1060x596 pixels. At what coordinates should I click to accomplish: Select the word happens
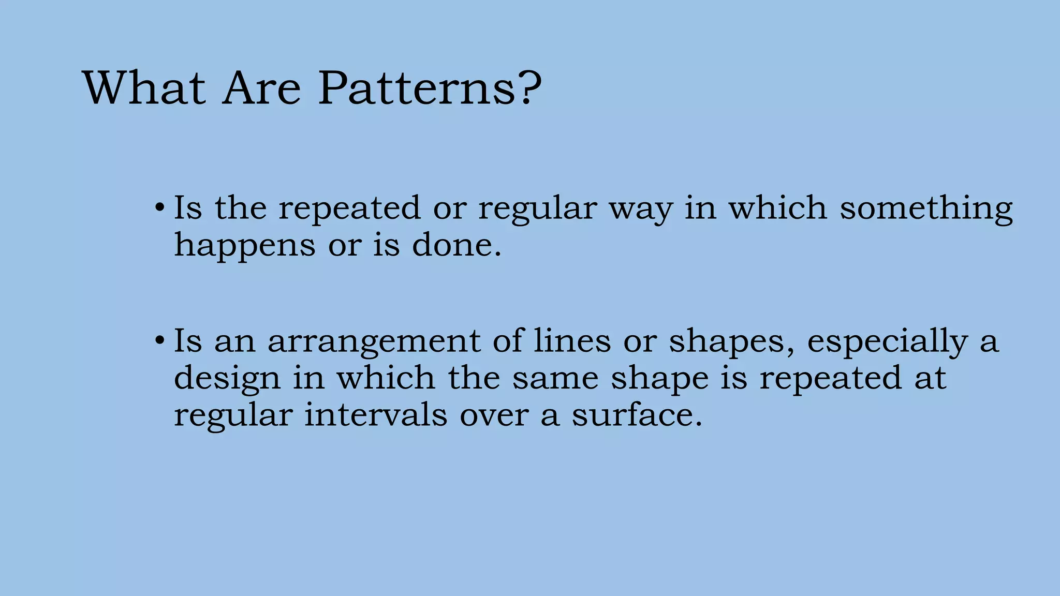244,246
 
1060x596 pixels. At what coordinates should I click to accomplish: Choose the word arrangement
374,342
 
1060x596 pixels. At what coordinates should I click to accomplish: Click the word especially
887,342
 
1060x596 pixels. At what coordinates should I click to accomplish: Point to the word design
227,379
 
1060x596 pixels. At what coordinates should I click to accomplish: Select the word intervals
375,415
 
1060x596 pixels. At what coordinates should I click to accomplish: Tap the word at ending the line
930,378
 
